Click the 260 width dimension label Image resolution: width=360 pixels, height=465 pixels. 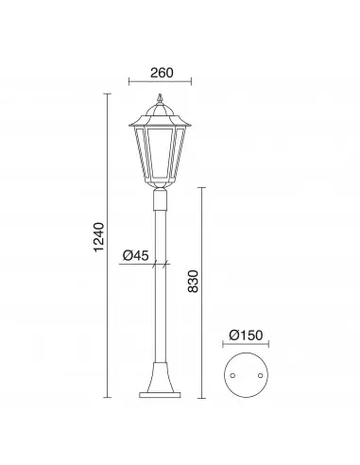(162, 73)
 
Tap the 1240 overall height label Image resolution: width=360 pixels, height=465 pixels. (99, 237)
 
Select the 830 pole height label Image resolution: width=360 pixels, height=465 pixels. (193, 282)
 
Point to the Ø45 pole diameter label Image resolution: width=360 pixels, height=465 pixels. (136, 255)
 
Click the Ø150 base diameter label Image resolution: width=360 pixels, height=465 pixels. (246, 336)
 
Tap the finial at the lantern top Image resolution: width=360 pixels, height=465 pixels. (160, 98)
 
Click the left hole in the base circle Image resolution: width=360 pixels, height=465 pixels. (232, 375)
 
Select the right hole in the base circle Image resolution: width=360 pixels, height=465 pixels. (260, 375)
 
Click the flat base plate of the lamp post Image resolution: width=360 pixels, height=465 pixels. (160, 395)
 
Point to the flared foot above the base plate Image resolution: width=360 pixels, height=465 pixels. (160, 377)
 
